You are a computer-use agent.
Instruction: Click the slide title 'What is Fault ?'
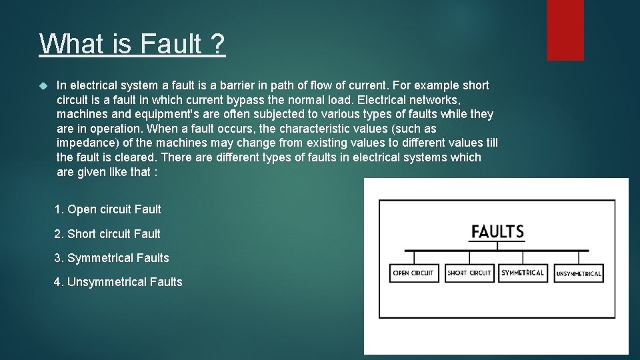[x=132, y=45]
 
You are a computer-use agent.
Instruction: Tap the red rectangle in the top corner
[x=565, y=30]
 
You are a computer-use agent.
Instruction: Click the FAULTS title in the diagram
[x=497, y=232]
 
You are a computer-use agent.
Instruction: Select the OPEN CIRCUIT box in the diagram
[x=413, y=273]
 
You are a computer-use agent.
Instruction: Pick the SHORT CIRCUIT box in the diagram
[x=469, y=273]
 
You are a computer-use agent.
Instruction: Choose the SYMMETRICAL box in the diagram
[x=523, y=273]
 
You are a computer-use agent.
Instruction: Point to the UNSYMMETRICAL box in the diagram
[x=579, y=273]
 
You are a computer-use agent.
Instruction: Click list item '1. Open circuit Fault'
[x=107, y=209]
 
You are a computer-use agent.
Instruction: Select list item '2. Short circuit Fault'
[x=107, y=234]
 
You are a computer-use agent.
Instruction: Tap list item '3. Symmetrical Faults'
[x=111, y=258]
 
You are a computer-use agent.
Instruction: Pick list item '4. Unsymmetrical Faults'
[x=118, y=282]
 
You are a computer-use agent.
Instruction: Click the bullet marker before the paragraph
[x=44, y=86]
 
